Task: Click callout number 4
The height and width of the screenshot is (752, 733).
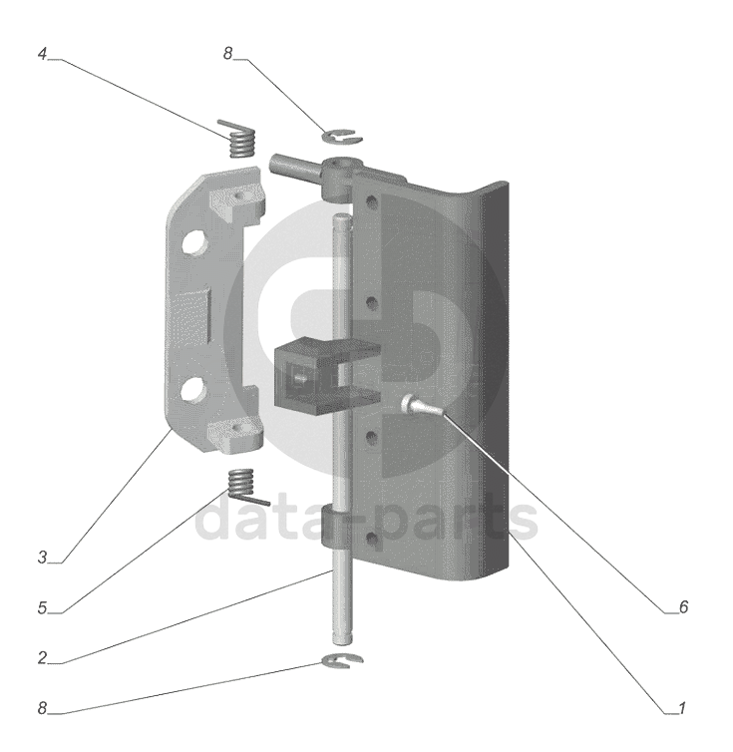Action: click(x=42, y=54)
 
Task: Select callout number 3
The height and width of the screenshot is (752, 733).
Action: click(x=42, y=558)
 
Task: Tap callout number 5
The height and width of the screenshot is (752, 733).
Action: click(x=42, y=607)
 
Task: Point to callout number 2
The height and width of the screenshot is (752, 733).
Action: click(x=42, y=658)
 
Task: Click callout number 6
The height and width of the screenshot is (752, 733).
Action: click(x=683, y=607)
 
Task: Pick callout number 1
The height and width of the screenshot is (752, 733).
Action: click(x=682, y=708)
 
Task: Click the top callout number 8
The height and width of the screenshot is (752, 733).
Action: click(x=227, y=54)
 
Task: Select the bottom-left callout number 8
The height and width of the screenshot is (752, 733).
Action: click(x=42, y=708)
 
